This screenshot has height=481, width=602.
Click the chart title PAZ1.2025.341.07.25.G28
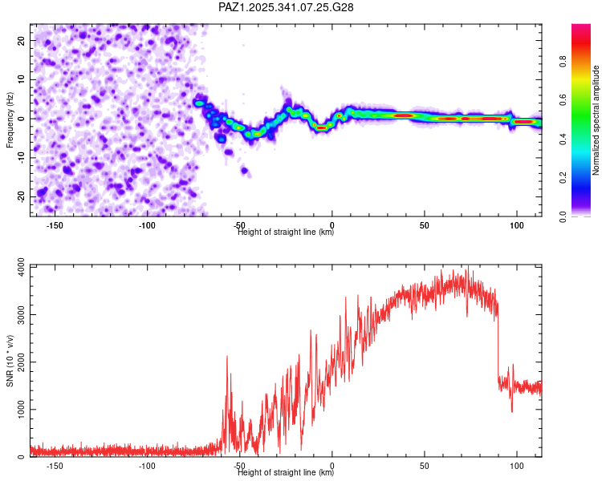[287, 7]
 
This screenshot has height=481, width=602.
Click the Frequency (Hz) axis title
[10, 120]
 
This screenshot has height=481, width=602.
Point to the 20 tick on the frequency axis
[22, 40]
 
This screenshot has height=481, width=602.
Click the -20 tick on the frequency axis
[20, 196]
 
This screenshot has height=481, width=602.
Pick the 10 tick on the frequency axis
[22, 79]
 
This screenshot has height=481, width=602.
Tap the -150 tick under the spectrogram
[55, 225]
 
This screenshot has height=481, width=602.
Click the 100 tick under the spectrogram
[517, 225]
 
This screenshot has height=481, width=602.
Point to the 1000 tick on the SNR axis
[16, 410]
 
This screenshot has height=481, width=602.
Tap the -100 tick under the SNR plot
[147, 466]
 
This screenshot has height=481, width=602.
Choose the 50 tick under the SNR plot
[425, 466]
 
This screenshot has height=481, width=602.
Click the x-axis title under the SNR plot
[286, 473]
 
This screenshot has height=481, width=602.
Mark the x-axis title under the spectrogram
[286, 232]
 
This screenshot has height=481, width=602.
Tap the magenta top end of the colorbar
[581, 29]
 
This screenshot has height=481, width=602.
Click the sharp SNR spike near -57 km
[227, 358]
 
